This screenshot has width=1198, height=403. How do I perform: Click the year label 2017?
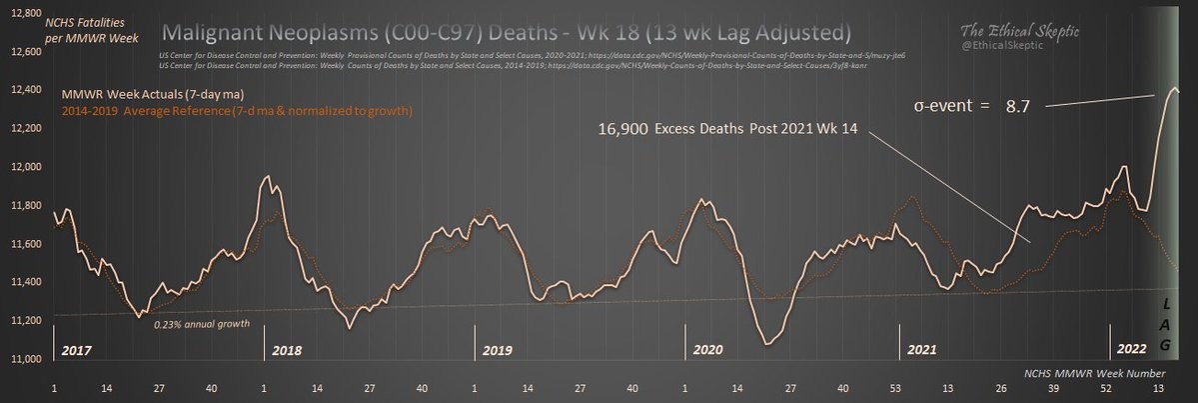[x=76, y=351]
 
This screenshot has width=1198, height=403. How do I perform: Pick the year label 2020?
[x=707, y=351]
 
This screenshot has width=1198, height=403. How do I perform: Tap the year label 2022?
[x=1131, y=351]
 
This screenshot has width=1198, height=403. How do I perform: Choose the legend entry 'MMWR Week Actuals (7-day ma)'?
[x=146, y=94]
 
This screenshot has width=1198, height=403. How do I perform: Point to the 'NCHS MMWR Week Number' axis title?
[x=1092, y=371]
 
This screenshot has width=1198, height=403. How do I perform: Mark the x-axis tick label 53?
[x=895, y=387]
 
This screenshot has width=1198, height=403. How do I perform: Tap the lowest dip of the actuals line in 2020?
[x=765, y=344]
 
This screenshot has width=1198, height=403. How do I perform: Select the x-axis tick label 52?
[x=1106, y=387]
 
